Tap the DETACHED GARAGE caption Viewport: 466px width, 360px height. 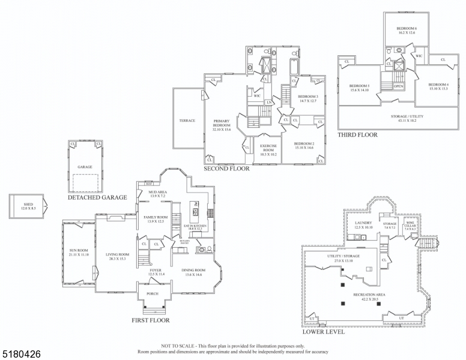(97, 197)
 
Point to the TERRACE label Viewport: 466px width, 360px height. (187, 121)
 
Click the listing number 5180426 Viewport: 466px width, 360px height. (22, 354)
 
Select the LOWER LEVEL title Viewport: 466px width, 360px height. (324, 332)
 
